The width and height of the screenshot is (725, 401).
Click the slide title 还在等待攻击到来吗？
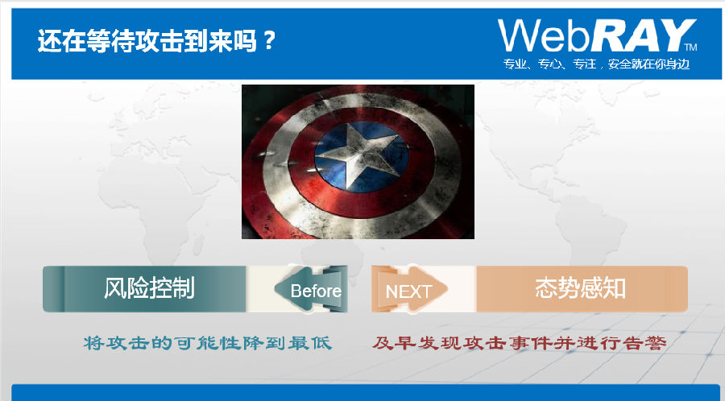156,40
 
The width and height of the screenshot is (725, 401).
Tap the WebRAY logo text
597,35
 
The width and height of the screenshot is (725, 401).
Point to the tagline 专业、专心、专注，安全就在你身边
596,64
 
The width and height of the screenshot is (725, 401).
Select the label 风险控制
149,288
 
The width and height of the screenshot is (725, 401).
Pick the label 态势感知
580,288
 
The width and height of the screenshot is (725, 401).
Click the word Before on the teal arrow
316,291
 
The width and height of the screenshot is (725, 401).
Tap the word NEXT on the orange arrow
408,291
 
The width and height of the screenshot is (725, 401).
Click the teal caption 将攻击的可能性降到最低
208,343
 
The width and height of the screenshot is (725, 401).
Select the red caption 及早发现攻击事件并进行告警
520,343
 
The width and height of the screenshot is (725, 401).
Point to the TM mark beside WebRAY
691,47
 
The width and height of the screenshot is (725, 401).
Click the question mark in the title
267,41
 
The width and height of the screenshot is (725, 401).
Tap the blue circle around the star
362,157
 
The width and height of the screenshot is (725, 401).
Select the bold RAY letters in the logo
642,35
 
